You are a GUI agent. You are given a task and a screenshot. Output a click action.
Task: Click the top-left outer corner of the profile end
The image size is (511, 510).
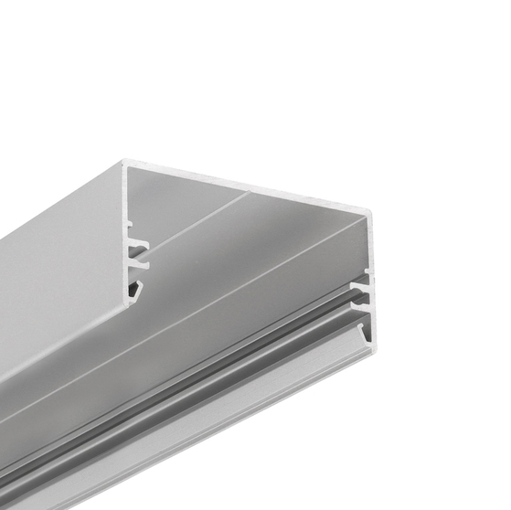pyautogui.click(x=122, y=163)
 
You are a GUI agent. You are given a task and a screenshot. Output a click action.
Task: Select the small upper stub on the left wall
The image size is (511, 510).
pyautogui.click(x=129, y=223)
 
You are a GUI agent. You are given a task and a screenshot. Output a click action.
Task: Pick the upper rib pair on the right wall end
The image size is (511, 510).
pyautogui.click(x=364, y=286)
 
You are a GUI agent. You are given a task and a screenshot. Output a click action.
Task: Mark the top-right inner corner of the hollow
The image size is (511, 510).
pyautogui.click(x=363, y=219)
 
